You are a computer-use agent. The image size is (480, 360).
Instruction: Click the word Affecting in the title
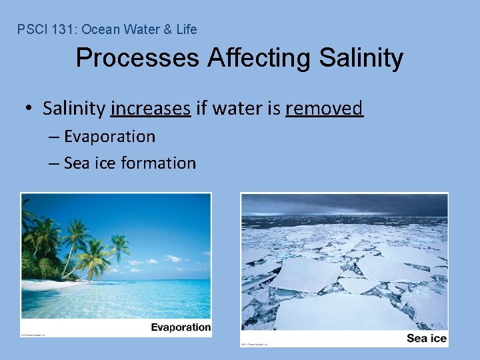259,58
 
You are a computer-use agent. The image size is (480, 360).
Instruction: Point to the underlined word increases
151,108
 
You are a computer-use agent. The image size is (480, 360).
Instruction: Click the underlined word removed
324,108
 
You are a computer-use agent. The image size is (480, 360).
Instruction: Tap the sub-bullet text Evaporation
109,137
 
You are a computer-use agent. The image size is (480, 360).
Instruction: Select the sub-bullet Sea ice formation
129,163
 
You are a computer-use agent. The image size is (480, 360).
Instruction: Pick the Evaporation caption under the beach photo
180,327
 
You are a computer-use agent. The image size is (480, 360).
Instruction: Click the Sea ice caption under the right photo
426,339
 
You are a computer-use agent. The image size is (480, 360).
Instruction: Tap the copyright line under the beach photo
33,335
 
